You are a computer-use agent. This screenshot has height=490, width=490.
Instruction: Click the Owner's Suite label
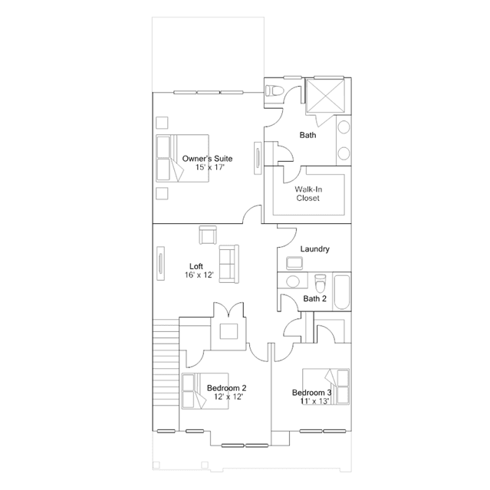207,159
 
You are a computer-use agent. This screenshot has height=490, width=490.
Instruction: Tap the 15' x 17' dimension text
210,167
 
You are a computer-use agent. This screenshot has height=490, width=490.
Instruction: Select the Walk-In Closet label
308,194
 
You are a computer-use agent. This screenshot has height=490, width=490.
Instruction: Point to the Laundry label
314,249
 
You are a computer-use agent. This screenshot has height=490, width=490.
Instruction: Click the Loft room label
196,266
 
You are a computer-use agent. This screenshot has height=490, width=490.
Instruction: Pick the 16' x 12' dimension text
199,275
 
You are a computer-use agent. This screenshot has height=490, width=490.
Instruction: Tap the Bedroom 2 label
226,388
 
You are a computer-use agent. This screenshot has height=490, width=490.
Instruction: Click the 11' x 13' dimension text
314,401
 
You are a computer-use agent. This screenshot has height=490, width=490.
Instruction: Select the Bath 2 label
314,299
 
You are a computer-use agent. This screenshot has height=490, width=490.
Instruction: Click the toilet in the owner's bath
275,91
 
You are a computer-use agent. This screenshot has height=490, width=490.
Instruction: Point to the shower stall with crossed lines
325,96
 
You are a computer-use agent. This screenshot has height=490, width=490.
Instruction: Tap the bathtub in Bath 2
342,292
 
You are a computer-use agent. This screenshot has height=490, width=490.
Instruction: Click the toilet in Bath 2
320,283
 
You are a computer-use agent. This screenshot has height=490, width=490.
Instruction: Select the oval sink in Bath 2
293,281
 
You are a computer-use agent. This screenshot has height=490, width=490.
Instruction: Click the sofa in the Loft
229,264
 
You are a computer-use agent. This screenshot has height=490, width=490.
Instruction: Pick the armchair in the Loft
208,235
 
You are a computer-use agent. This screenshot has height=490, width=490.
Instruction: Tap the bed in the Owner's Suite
183,158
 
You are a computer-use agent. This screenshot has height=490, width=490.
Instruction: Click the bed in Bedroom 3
326,386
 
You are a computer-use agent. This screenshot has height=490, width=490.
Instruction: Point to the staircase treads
166,375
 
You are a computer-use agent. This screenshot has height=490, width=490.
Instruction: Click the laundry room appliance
294,263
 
